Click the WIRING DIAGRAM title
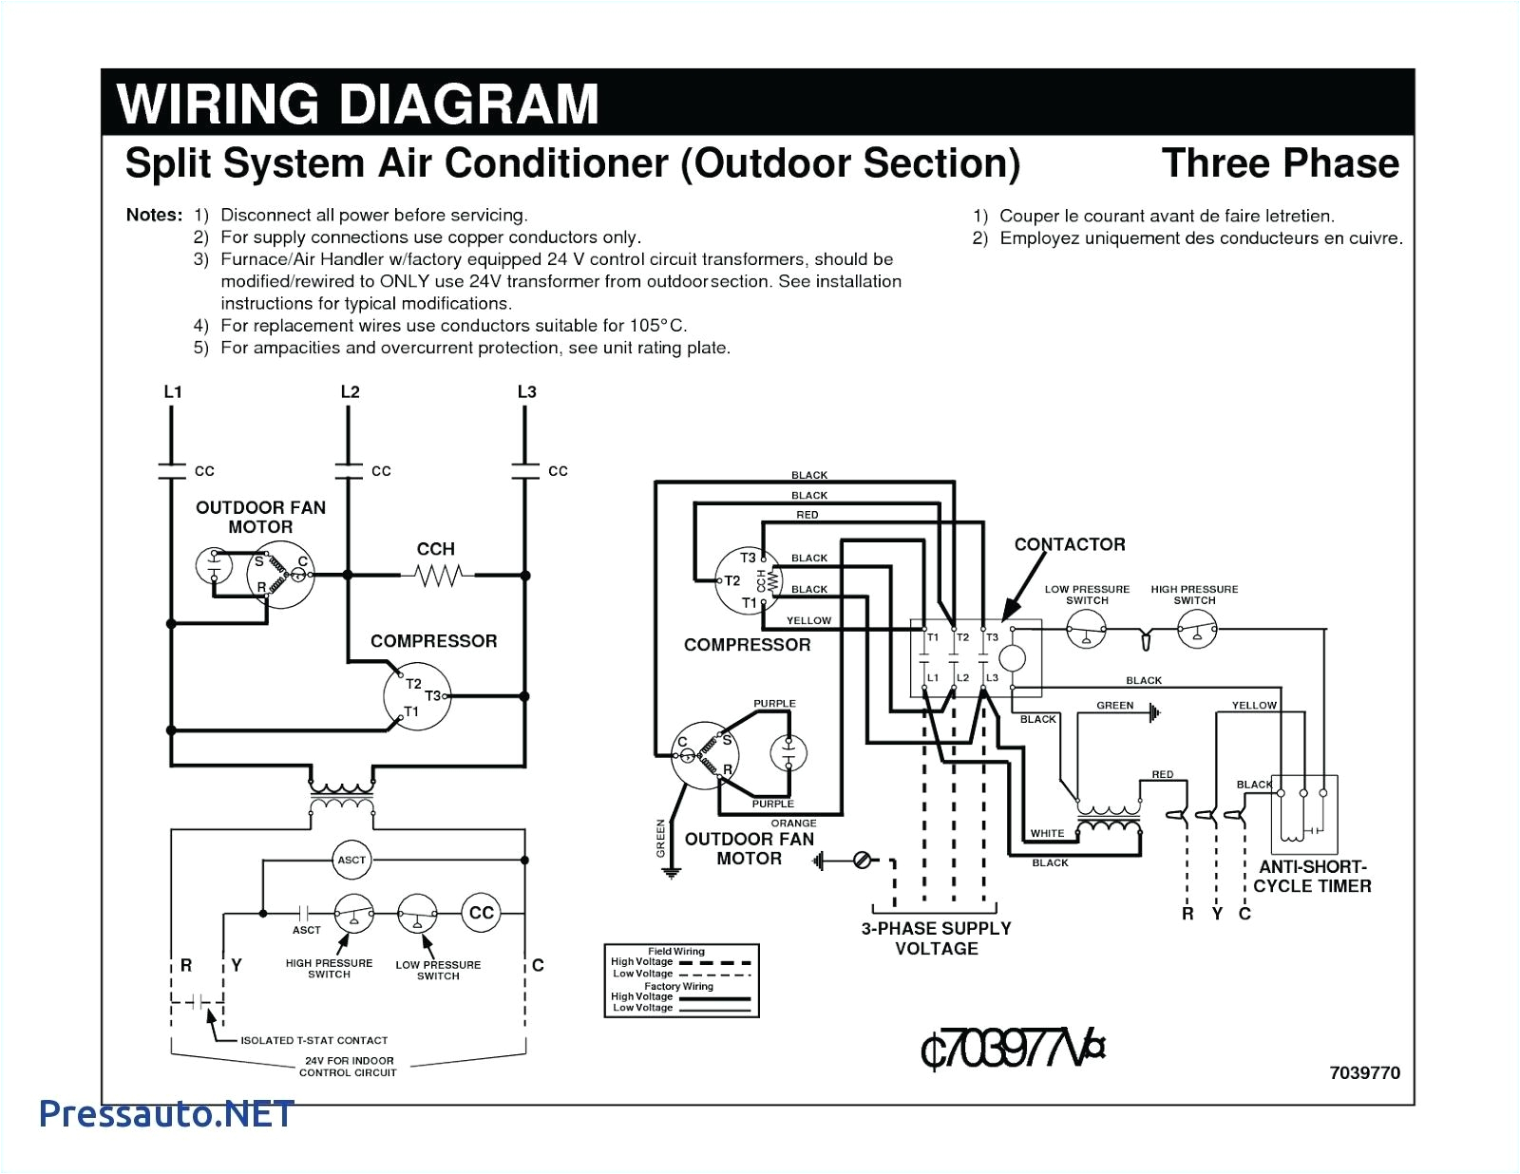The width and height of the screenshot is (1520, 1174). [x=358, y=104]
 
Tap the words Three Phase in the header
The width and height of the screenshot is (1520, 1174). [x=1280, y=163]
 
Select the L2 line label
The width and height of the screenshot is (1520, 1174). [x=350, y=392]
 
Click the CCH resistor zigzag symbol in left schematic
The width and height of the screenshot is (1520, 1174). [x=438, y=575]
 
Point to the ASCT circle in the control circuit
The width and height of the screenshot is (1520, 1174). [x=351, y=860]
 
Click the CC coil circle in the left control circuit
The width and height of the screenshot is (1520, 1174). [x=482, y=913]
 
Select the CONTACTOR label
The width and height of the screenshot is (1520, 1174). [x=1069, y=544]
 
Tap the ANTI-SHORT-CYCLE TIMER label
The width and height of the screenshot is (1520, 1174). [x=1312, y=877]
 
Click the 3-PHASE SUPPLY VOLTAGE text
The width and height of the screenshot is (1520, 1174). [x=936, y=938]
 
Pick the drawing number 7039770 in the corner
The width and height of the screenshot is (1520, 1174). [x=1364, y=1072]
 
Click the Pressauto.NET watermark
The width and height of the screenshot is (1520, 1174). [x=167, y=1113]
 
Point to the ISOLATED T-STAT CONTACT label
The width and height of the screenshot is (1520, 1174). [x=313, y=1040]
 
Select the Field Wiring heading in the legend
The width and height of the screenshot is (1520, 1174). [x=675, y=951]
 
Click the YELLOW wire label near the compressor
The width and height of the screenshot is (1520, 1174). [x=808, y=620]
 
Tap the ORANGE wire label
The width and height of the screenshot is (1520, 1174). [x=793, y=824]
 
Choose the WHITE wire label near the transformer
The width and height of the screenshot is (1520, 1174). [x=1047, y=833]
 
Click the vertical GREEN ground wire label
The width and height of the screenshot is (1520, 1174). [x=661, y=839]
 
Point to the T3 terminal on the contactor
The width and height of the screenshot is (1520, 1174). [x=992, y=637]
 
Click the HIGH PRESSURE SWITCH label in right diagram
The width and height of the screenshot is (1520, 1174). [x=1194, y=595]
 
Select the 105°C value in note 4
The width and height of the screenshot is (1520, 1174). [x=656, y=326]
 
